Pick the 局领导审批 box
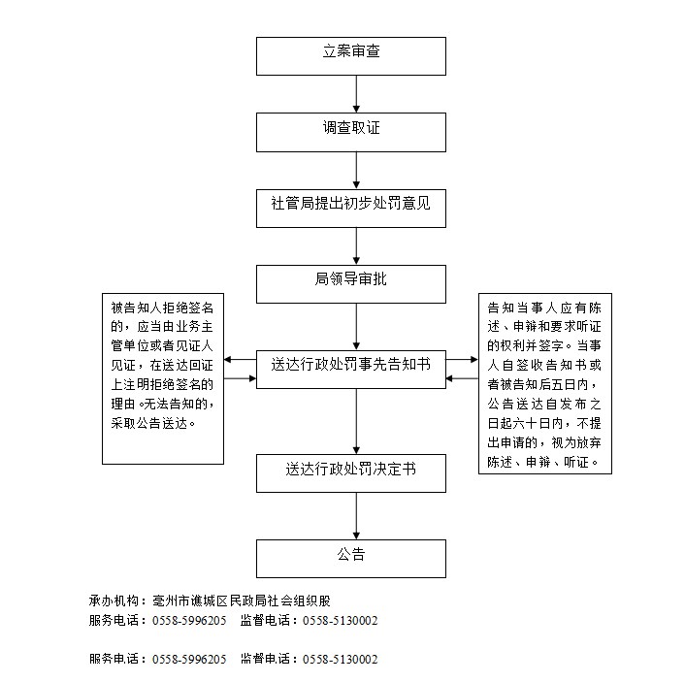(x=350, y=283)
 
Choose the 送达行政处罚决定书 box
(x=350, y=471)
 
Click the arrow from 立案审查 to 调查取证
(x=357, y=93)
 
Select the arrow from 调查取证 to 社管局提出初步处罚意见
(x=357, y=169)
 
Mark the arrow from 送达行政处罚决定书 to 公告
(x=357, y=515)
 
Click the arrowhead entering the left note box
(x=230, y=359)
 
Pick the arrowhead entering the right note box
(x=473, y=359)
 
